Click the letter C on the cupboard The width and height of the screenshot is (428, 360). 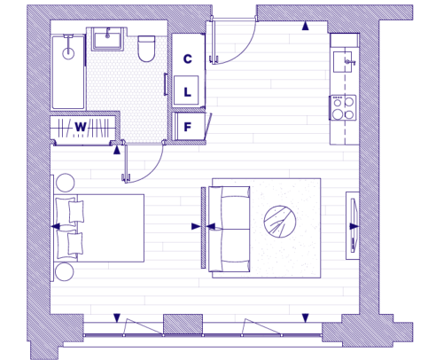188,59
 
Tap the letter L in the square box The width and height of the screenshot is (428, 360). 188,92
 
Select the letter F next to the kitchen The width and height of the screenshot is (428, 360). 188,127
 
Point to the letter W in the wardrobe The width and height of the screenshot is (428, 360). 81,128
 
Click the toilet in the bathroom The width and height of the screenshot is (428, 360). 146,49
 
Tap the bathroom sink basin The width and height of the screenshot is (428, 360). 107,39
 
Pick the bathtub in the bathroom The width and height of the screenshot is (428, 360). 68,72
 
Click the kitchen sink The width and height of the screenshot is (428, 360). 343,62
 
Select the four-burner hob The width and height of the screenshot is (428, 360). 343,107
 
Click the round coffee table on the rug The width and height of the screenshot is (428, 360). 280,222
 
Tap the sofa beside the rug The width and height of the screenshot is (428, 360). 230,229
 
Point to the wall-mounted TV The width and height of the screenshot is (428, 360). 354,225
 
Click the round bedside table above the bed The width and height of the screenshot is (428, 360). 66,183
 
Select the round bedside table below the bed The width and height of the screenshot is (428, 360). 65,272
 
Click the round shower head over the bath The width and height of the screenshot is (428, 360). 68,53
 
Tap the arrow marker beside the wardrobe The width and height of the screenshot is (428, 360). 117,151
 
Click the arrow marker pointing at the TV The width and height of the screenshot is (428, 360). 354,226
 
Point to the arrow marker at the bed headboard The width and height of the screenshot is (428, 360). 56,227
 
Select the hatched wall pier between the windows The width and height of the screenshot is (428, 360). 183,324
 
